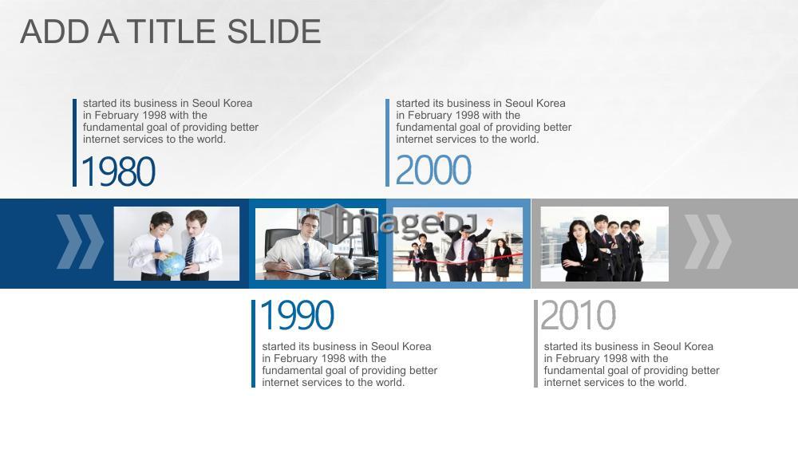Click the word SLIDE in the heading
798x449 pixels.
[275, 32]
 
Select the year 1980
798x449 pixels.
[118, 171]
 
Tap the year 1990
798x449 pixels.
[297, 315]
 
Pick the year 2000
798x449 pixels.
[433, 171]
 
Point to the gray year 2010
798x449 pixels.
[578, 315]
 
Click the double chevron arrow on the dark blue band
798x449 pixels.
[80, 242]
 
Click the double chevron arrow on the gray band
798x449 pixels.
[708, 242]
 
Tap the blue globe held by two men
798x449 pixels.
[172, 264]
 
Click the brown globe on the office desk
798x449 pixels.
[342, 266]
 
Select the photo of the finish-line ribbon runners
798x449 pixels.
[457, 245]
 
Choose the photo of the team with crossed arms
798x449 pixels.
[605, 244]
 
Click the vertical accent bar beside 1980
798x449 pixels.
[75, 143]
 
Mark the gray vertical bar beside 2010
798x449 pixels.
[536, 344]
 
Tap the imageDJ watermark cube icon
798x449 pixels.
[334, 223]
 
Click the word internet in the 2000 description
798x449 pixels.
[416, 140]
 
